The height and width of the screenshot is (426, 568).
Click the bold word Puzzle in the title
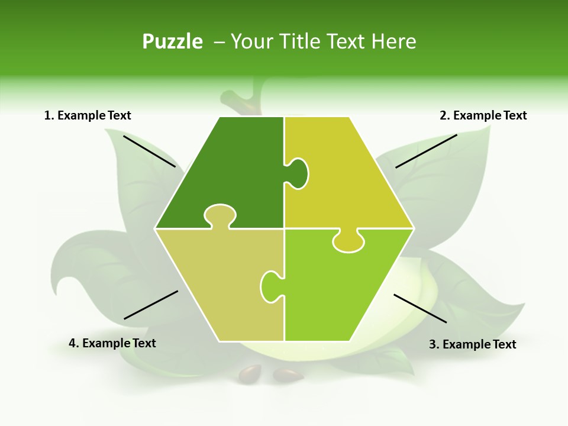(x=172, y=41)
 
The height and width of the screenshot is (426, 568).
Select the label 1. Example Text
(x=88, y=115)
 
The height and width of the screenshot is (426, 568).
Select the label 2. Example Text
(x=483, y=115)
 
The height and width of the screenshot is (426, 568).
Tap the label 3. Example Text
(x=472, y=344)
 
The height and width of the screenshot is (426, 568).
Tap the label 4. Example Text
(x=112, y=343)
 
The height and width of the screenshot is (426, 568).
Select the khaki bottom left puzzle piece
(x=213, y=284)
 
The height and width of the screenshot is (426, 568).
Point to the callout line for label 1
(x=149, y=151)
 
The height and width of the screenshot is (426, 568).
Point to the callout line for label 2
(x=426, y=151)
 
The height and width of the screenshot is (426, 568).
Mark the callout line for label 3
(x=420, y=308)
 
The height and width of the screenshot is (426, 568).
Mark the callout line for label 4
(x=151, y=305)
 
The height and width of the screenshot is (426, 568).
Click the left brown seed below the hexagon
(x=249, y=373)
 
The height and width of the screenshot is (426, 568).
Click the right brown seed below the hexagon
(x=288, y=375)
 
